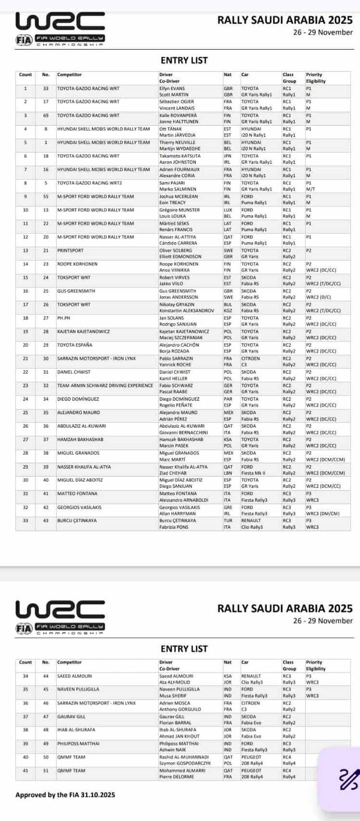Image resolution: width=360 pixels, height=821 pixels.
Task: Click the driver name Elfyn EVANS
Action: click(x=171, y=89)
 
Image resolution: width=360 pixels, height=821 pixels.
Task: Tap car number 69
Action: click(x=46, y=116)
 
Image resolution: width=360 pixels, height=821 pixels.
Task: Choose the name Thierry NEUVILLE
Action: click(x=177, y=143)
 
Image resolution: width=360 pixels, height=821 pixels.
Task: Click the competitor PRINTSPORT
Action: click(x=70, y=250)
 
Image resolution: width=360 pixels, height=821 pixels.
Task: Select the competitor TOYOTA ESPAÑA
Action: click(x=75, y=345)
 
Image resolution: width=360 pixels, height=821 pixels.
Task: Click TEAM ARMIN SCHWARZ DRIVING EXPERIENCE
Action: click(x=105, y=385)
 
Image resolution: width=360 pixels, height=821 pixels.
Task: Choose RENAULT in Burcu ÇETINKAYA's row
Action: click(x=251, y=521)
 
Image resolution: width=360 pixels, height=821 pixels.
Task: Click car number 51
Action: click(x=46, y=770)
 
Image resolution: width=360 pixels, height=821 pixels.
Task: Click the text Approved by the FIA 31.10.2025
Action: click(x=65, y=795)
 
